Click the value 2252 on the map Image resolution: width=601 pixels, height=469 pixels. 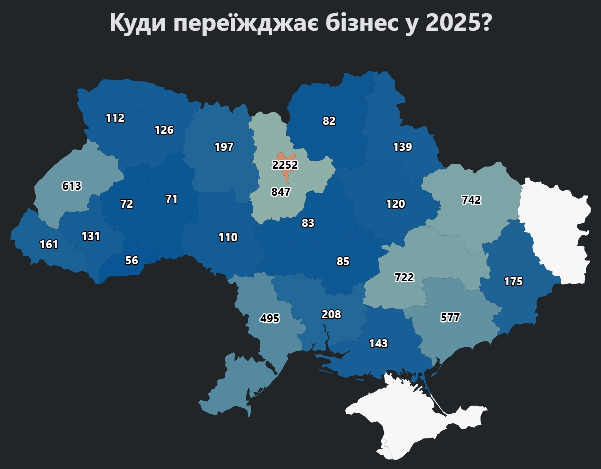[285, 165]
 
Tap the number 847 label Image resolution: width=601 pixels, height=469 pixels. [281, 192]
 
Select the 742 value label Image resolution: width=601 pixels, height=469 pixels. [471, 200]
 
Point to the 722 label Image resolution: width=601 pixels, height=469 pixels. [404, 277]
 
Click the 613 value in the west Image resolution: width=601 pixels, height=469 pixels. [72, 186]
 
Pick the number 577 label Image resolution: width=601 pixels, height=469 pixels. [450, 317]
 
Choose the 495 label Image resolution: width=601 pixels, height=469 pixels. [270, 318]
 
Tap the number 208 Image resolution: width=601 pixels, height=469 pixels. [331, 315]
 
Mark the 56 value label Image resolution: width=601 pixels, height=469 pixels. [132, 260]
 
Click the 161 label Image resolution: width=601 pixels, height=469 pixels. [49, 245]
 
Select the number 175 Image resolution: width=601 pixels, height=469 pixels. [513, 282]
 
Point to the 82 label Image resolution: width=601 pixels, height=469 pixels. [329, 121]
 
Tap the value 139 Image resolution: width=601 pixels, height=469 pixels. [403, 147]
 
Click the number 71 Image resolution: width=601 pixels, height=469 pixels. [171, 199]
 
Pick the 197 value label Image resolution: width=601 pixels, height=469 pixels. [224, 147]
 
